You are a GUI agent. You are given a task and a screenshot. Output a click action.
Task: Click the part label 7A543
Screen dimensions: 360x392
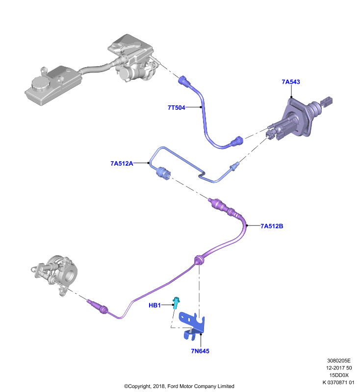(291, 82)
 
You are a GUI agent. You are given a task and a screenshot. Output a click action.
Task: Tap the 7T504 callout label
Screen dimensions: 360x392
(177, 107)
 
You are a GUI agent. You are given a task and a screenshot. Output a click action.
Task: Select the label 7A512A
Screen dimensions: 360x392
(122, 163)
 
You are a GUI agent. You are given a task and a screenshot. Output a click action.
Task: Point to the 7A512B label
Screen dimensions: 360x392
(272, 226)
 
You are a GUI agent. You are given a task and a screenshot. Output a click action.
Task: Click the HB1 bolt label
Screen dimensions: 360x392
(154, 305)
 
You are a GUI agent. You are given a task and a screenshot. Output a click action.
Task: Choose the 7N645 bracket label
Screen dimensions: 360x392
(200, 351)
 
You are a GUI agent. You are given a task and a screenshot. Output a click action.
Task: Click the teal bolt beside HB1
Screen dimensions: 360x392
(177, 302)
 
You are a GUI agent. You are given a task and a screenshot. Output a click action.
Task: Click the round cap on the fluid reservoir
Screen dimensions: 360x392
(40, 84)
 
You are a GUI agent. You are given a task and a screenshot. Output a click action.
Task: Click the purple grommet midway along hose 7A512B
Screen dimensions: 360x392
(199, 260)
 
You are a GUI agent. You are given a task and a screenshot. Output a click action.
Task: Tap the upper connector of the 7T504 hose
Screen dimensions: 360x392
(185, 82)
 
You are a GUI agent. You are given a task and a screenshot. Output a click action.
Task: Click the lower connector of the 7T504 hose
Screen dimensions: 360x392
(237, 141)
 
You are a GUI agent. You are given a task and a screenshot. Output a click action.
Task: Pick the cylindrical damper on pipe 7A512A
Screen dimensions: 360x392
(163, 172)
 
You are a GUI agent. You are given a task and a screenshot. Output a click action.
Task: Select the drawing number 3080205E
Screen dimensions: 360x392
(339, 361)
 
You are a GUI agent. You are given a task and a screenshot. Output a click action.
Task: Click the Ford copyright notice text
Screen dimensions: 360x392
(179, 386)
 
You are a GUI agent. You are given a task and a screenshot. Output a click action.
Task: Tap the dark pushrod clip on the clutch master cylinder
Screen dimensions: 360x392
(327, 101)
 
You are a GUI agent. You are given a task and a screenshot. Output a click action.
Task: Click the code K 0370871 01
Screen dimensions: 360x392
(338, 382)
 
